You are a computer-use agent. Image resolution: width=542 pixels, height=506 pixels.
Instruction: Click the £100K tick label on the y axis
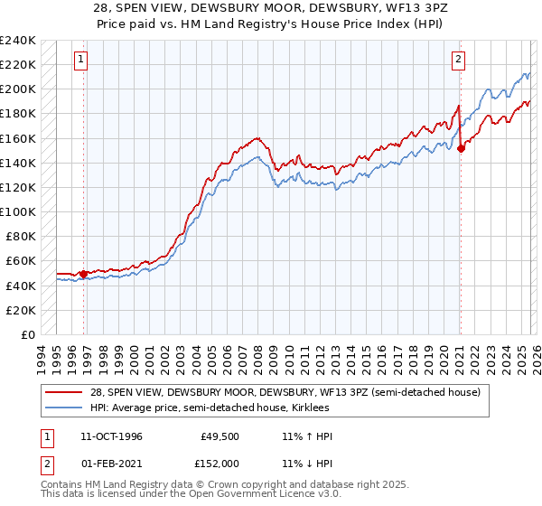pos(18,211)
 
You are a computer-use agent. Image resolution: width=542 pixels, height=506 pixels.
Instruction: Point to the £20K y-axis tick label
pos(21,310)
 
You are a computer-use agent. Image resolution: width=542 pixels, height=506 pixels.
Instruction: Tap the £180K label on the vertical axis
pos(18,114)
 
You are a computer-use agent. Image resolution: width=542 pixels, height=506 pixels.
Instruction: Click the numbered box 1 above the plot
pos(80,60)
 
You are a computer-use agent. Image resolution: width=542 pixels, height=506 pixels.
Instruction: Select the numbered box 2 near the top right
pos(458,60)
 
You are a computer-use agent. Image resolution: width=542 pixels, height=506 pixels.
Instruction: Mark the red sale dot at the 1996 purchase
pos(84,274)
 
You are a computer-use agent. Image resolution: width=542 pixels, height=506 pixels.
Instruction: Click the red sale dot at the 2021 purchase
pos(461,148)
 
